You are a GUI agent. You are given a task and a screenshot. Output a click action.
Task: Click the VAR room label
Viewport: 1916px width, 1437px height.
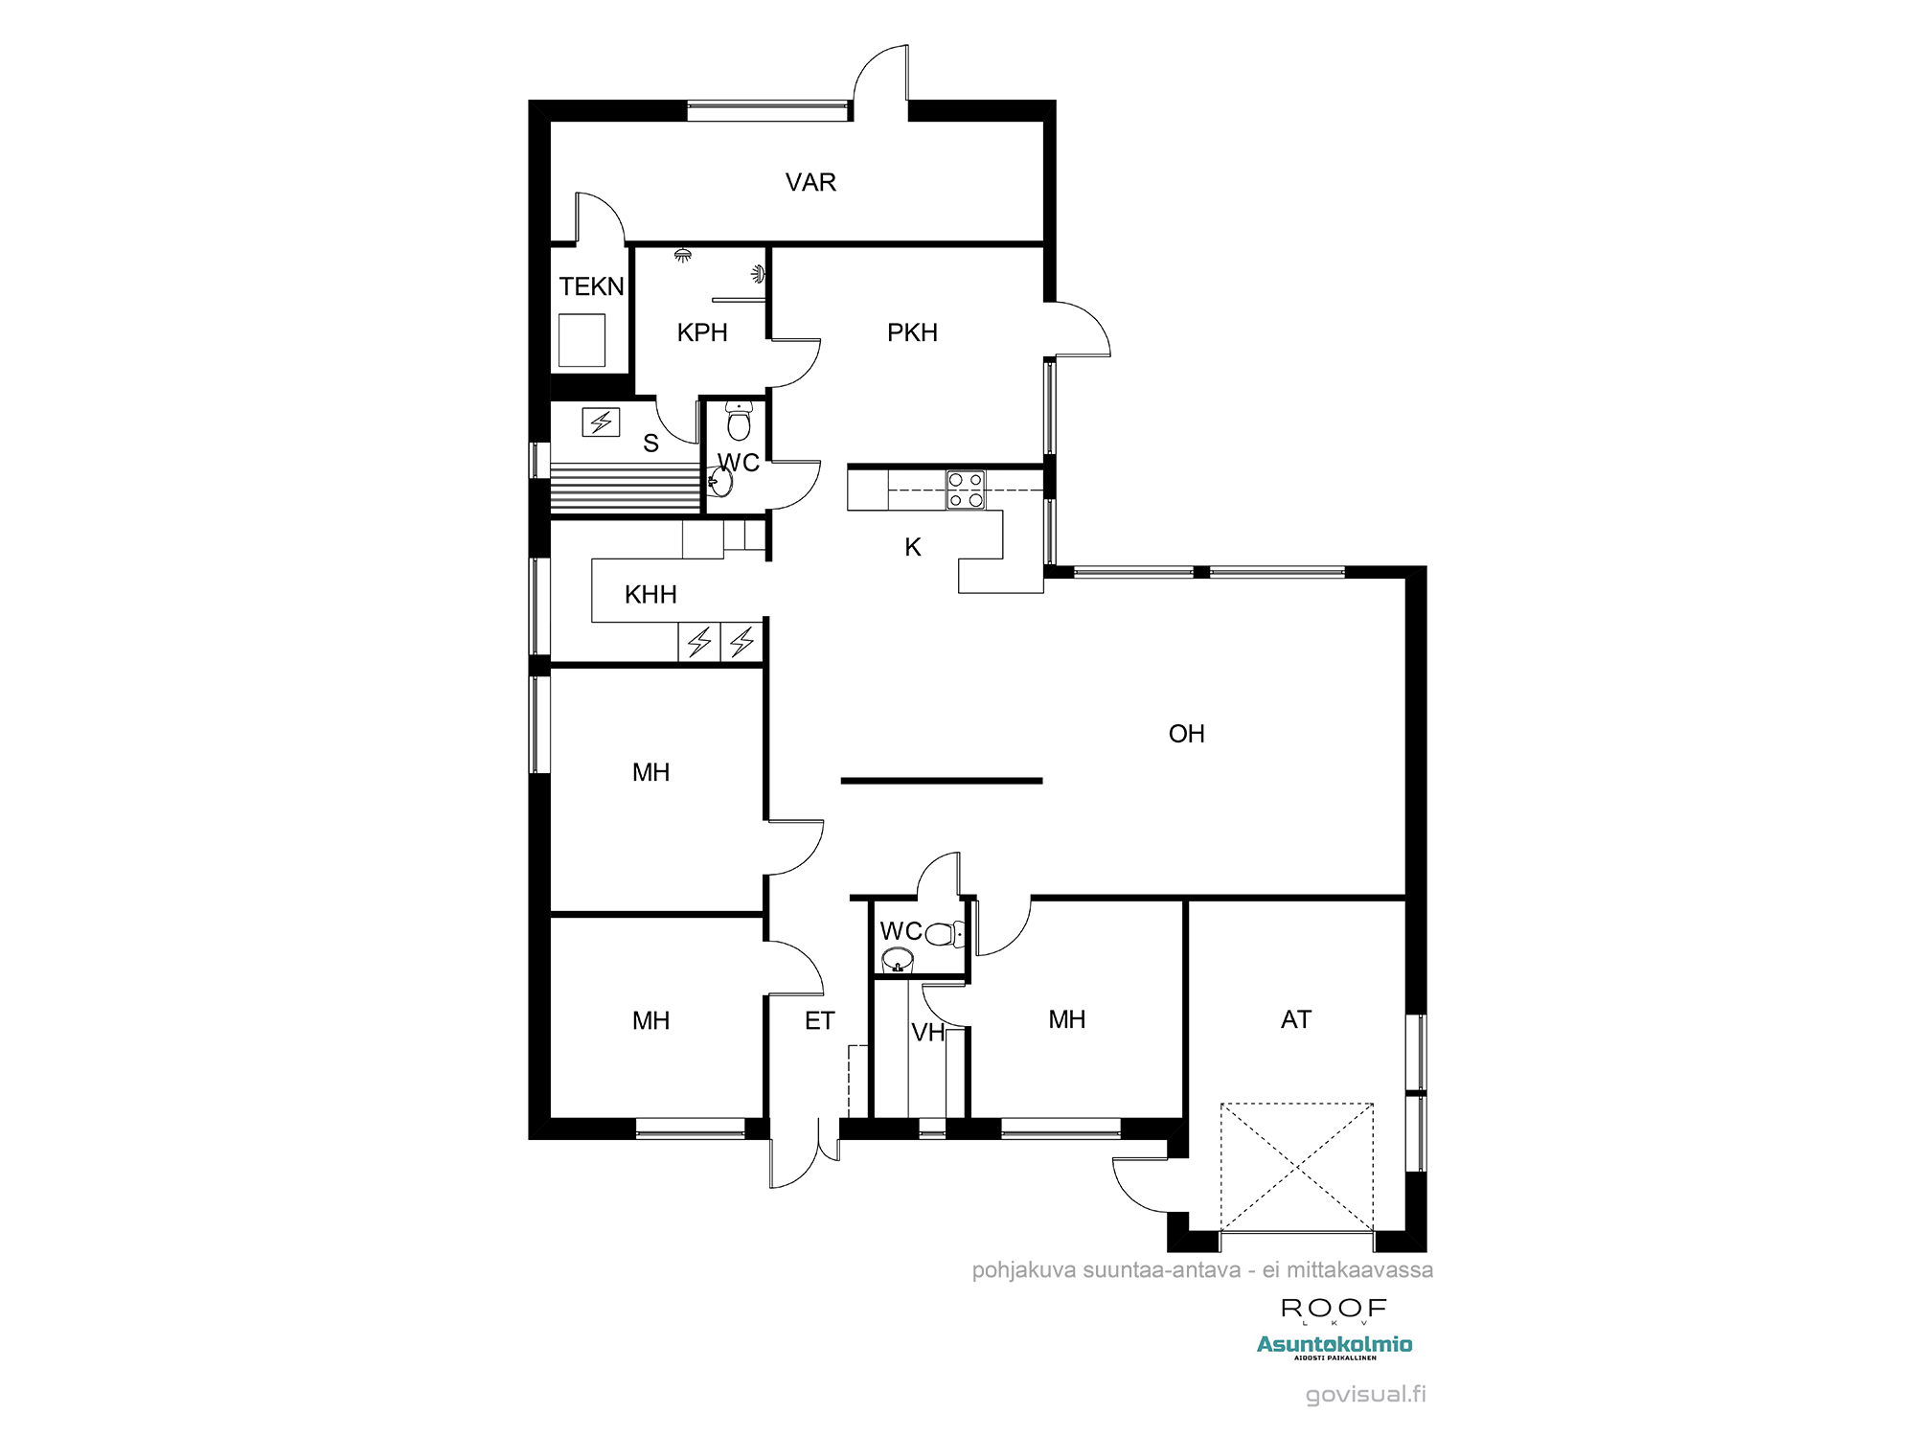click(x=810, y=182)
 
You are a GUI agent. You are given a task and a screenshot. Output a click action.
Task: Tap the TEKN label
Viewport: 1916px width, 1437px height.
click(x=591, y=286)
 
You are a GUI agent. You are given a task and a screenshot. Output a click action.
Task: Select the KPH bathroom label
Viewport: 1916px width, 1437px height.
click(x=702, y=332)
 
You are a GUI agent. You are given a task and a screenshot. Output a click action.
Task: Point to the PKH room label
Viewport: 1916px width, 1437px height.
click(x=912, y=332)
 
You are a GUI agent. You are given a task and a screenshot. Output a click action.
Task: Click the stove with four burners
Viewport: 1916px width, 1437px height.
click(x=965, y=490)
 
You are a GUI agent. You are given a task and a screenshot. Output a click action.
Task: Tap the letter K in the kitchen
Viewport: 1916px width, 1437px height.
click(x=913, y=547)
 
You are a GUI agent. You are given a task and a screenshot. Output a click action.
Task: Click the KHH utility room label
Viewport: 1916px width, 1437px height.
click(x=650, y=595)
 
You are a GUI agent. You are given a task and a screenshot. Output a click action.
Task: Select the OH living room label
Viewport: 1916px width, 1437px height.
click(x=1186, y=734)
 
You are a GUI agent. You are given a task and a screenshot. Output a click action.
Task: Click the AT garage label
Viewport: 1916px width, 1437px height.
click(x=1295, y=1019)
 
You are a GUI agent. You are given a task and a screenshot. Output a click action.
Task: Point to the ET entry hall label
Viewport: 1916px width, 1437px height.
click(x=819, y=1021)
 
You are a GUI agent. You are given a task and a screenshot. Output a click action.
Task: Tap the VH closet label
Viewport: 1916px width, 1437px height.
click(x=927, y=1033)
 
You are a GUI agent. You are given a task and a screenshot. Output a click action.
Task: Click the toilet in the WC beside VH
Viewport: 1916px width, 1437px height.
click(x=945, y=933)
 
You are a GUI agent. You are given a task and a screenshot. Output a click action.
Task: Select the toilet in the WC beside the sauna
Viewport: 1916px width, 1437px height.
click(x=739, y=421)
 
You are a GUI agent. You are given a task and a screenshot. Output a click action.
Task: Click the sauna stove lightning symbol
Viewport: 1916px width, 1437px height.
click(x=601, y=422)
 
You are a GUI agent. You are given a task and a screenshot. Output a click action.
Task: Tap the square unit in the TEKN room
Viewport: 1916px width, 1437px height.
click(x=582, y=339)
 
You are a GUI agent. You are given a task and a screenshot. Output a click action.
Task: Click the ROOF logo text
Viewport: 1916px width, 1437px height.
click(x=1334, y=1309)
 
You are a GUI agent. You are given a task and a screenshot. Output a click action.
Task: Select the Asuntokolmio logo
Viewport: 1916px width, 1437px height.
click(x=1334, y=1346)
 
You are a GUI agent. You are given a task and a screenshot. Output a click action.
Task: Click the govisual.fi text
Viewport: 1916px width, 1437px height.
click(x=1366, y=1395)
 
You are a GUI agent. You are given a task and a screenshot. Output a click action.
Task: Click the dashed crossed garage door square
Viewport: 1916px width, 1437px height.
click(x=1297, y=1167)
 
